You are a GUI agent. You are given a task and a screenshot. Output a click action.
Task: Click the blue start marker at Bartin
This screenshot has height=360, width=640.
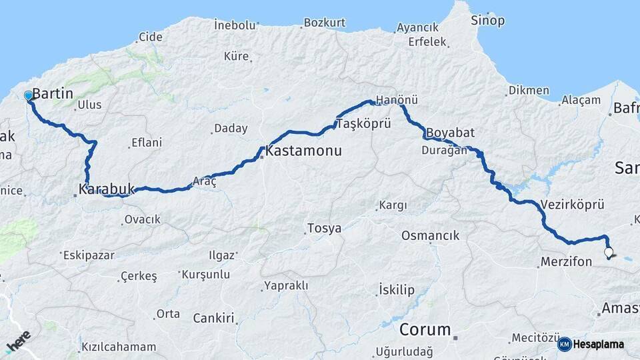point(28,96)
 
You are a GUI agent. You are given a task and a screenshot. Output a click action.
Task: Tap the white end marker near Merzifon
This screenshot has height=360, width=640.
point(608,252)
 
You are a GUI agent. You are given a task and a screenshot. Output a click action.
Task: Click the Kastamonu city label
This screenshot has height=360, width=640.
point(303,151)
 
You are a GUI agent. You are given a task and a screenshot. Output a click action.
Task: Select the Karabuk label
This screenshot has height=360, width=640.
point(107,189)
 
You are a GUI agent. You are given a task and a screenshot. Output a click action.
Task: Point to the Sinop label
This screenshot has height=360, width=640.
point(488,21)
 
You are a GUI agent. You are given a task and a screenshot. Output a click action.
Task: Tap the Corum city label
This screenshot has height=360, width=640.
point(425,329)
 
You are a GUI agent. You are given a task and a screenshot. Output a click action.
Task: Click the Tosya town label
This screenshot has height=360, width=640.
point(324,229)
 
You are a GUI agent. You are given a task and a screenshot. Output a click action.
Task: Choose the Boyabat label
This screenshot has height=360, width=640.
point(450,132)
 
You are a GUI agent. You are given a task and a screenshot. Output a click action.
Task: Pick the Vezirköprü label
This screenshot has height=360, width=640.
point(573,205)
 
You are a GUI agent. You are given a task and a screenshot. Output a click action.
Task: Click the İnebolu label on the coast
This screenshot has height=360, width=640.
point(235,25)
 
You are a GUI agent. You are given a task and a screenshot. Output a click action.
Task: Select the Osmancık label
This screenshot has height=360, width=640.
point(430,236)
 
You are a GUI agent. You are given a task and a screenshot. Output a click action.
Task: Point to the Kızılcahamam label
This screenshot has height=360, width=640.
point(119,347)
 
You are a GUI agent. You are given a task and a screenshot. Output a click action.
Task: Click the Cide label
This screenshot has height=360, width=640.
point(150,36)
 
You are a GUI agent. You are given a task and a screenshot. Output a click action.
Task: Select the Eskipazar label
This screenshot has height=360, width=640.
point(88,255)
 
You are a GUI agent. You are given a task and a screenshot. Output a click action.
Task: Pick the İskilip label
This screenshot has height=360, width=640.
point(396,289)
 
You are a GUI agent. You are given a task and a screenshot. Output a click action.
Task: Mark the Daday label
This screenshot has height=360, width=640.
point(230,128)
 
